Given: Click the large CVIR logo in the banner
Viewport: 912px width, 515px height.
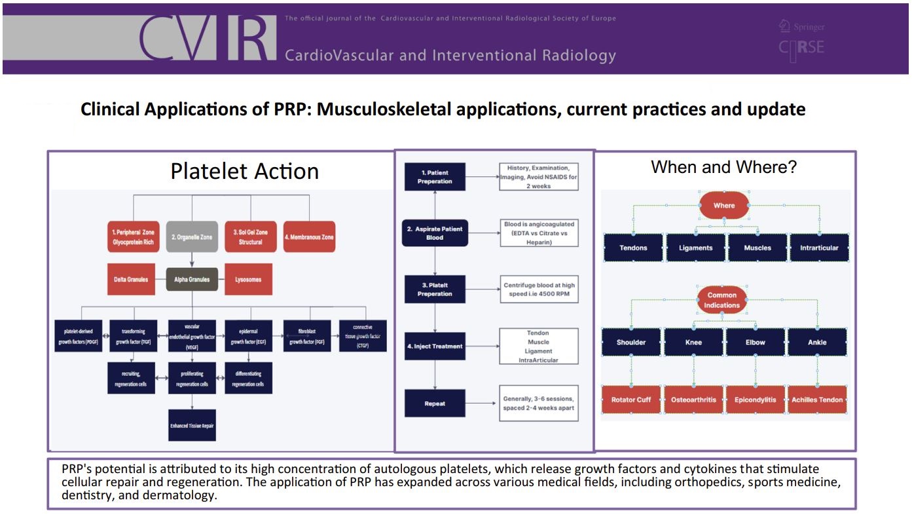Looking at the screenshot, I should coord(208,38).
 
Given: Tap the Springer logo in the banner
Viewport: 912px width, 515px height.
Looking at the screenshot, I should coord(802,27).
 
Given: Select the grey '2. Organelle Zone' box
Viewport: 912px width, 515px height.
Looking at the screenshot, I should coord(192,237).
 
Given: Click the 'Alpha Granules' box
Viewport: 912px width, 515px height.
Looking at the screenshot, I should coord(192,280).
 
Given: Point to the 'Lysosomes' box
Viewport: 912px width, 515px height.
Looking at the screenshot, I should coord(248,280).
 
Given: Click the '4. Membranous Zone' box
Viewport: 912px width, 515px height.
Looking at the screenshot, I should coord(309,237).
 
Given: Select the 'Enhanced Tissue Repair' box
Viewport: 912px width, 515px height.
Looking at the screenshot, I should coord(192,425).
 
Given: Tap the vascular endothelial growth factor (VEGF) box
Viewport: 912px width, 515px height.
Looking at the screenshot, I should coord(192,336).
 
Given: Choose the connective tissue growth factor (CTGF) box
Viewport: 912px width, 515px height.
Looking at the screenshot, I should coord(363,336).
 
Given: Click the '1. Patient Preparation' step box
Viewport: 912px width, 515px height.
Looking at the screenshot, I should coord(435,177).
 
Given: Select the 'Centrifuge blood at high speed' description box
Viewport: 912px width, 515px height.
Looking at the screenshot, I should coord(539,289).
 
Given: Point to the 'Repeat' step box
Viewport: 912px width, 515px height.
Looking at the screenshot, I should coord(435,404).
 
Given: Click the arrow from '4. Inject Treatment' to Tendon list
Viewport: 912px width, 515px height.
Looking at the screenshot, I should coord(482,346).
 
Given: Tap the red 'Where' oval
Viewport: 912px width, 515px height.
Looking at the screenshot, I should coord(724,205).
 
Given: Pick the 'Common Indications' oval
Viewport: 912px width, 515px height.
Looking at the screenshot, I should coord(722,300).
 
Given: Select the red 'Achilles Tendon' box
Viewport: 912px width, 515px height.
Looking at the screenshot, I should coord(817,400).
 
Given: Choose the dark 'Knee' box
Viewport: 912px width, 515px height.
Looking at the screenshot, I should coord(693,342).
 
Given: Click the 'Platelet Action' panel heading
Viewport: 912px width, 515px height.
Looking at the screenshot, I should coord(244,171).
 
